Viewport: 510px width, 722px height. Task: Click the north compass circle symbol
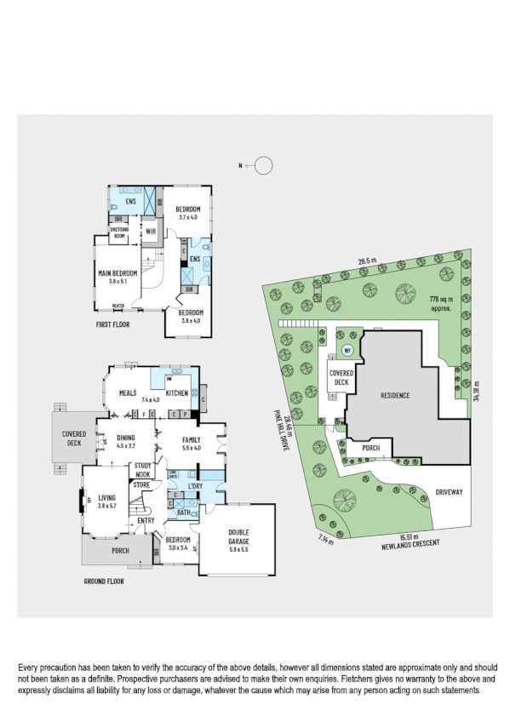coord(264,166)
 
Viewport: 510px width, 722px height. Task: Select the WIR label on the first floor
coord(150,231)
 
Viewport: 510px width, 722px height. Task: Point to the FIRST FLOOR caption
coord(112,324)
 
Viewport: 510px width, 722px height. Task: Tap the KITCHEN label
coord(176,393)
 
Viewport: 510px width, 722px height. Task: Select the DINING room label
coord(126,439)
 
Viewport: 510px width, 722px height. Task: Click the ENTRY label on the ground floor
coord(146,520)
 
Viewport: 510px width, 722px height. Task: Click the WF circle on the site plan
coord(347,350)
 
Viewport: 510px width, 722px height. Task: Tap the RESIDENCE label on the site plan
coord(389,396)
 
